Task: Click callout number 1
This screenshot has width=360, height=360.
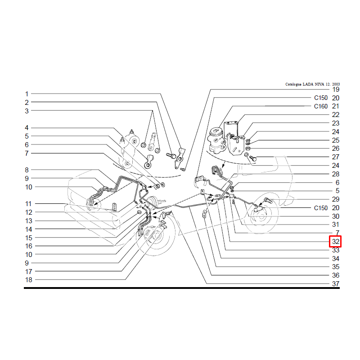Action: (x=27, y=94)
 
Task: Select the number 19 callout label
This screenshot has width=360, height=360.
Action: (x=336, y=90)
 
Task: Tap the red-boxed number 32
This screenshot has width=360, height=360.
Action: (x=335, y=242)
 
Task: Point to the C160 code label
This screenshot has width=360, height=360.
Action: (x=321, y=106)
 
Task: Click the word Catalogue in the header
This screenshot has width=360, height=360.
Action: (x=293, y=84)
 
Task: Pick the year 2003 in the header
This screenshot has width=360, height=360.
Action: (x=336, y=84)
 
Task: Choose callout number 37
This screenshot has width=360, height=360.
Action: (x=336, y=284)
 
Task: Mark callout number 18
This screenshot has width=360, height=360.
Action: (x=29, y=280)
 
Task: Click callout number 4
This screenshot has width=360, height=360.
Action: (x=27, y=128)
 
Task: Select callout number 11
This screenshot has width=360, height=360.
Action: (x=28, y=204)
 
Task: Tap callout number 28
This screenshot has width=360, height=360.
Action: (x=336, y=174)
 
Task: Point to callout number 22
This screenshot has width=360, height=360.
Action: (x=336, y=115)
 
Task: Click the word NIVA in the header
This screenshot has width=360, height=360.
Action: (x=319, y=84)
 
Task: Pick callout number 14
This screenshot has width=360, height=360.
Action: (x=29, y=229)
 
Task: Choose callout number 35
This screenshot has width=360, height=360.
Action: (x=336, y=267)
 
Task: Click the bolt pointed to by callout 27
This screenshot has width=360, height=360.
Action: (x=253, y=158)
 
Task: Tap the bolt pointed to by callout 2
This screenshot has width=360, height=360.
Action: (x=171, y=156)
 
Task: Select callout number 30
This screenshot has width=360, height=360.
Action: (x=336, y=216)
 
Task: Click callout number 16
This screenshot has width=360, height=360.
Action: (x=29, y=246)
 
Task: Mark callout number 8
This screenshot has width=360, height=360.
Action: (x=27, y=170)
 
